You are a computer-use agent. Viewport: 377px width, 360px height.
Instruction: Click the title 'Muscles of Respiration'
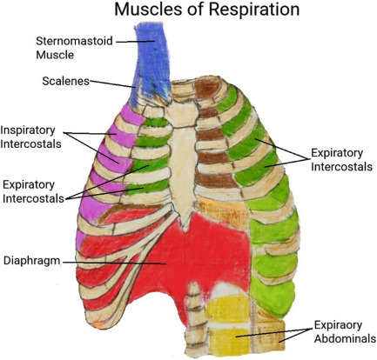tap(207, 10)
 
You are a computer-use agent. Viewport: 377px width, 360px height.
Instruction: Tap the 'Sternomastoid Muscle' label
tap(74, 48)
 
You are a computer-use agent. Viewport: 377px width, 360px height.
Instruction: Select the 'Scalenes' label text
tap(65, 81)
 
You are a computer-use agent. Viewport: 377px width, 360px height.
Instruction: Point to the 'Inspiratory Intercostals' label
tap(30, 137)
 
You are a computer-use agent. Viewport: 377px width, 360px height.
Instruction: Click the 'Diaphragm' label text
tap(31, 261)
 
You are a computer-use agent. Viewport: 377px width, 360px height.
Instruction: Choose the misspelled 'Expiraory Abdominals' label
tap(346, 331)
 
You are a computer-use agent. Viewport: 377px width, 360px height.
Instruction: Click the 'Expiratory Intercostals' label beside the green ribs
tap(341, 160)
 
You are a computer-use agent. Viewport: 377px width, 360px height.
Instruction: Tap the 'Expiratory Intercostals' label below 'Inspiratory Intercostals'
tap(33, 191)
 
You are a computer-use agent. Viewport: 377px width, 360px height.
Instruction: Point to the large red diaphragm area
tap(200, 255)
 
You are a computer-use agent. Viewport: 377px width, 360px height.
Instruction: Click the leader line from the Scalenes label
tap(111, 84)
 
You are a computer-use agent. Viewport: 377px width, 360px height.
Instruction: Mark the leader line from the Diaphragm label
tap(114, 263)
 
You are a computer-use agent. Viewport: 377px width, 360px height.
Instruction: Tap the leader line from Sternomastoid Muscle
tap(136, 42)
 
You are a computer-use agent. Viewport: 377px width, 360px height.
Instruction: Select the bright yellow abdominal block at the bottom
tap(229, 323)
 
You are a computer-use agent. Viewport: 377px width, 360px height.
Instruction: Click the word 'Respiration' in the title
tap(254, 10)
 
